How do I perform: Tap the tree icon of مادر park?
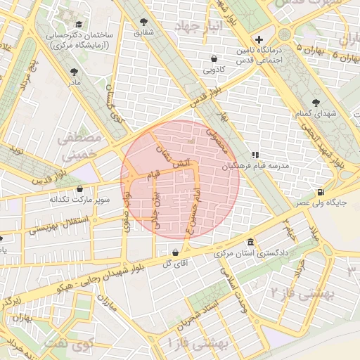tap(74, 71)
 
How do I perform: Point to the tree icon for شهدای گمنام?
tap(314, 102)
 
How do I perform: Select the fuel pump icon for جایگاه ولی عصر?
tap(321, 191)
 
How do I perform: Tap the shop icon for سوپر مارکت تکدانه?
tap(79, 189)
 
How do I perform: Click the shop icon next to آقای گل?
tap(174, 252)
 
